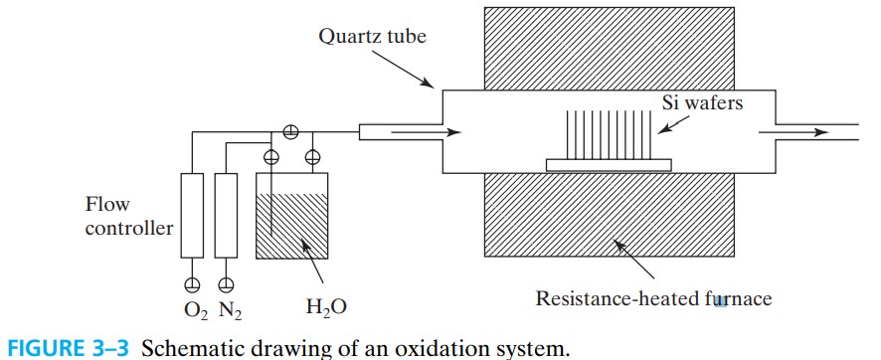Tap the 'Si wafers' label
point(703,103)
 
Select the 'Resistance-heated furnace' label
point(654,296)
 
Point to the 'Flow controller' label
point(129,216)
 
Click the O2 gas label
point(193,309)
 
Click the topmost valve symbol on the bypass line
point(291,130)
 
